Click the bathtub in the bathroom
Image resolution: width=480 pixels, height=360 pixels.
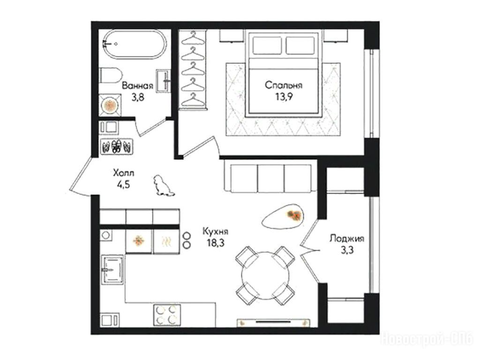[135, 44]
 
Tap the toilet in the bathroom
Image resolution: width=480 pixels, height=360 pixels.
[111, 75]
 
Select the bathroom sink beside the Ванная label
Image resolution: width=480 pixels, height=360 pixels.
[164, 81]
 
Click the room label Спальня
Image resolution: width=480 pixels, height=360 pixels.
[283, 85]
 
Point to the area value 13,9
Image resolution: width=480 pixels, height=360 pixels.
[284, 97]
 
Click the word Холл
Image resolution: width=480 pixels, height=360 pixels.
[123, 173]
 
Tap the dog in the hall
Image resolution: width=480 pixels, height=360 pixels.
[163, 186]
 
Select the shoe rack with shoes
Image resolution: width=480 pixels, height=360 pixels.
[117, 146]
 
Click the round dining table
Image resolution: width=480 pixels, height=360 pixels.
[265, 276]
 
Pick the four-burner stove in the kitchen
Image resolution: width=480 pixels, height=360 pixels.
[167, 315]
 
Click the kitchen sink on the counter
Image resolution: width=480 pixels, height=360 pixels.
[112, 270]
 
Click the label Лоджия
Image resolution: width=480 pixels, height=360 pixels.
[346, 239]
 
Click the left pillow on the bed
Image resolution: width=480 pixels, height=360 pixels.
[267, 45]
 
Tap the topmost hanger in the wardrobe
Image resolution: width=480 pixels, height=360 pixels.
[193, 38]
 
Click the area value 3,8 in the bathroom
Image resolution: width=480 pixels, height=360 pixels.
[137, 97]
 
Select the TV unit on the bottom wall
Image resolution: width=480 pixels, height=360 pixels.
[273, 322]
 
